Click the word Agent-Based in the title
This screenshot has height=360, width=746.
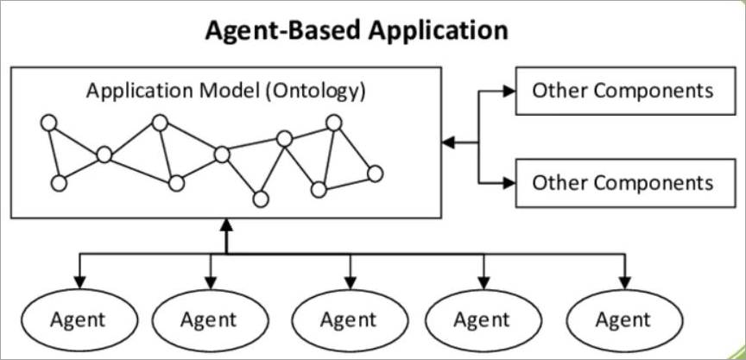tap(275, 31)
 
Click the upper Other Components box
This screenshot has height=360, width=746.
tap(622, 91)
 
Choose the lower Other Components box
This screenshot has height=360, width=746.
tap(622, 182)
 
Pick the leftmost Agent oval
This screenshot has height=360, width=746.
tap(78, 319)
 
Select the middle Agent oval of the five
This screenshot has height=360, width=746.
tap(348, 319)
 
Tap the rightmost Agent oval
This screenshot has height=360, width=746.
tap(623, 319)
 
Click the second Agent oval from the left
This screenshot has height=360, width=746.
tap(209, 319)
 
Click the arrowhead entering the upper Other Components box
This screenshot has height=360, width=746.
tap(509, 91)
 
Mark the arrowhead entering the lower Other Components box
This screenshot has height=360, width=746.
tap(509, 182)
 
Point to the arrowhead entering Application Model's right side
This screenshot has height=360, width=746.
tap(447, 141)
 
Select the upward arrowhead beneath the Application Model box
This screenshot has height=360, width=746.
tap(226, 227)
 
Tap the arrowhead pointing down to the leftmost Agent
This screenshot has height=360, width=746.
tap(79, 282)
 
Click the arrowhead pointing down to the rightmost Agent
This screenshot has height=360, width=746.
tap(623, 282)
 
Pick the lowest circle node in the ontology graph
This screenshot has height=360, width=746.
tap(259, 199)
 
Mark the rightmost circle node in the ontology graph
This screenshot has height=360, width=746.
tap(374, 174)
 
